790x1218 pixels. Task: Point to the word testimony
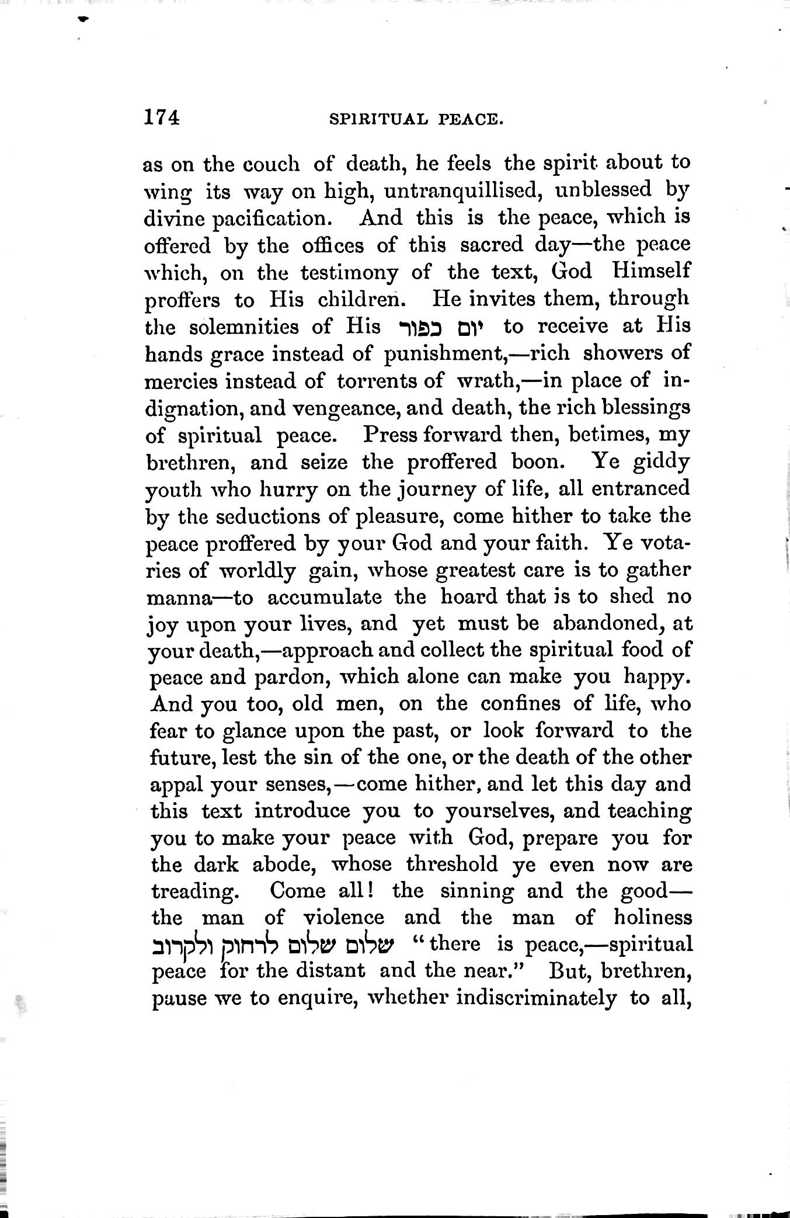point(341,272)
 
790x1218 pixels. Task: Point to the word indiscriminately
point(535,998)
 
